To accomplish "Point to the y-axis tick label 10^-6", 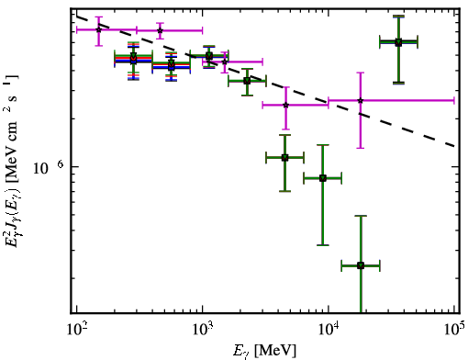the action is click(x=48, y=167).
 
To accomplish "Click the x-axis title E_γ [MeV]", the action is click(x=264, y=351).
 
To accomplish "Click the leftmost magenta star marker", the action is click(x=98, y=29).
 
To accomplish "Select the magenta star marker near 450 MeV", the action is click(x=160, y=30).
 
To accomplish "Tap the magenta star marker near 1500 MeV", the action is click(x=225, y=62).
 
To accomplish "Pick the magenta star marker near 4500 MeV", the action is click(x=285, y=105).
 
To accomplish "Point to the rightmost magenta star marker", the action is click(x=361, y=100).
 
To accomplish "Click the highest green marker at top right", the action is click(x=398, y=42).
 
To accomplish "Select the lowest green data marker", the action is click(x=361, y=265).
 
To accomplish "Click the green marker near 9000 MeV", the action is click(x=323, y=178).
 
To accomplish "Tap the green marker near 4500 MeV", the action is click(x=284, y=158).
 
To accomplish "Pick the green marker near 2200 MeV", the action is click(x=247, y=81).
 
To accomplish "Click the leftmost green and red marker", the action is click(x=133, y=58).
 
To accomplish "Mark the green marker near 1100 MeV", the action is click(x=209, y=56).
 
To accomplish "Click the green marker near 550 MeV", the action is click(x=172, y=64).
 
